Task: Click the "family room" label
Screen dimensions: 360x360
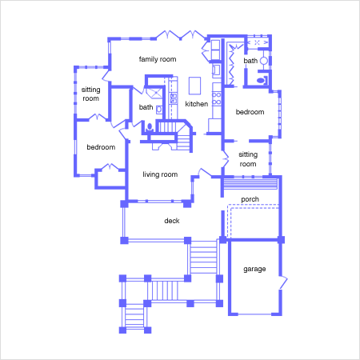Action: click(158, 59)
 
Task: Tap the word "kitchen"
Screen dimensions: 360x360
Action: click(197, 104)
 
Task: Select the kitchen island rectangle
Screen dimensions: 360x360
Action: click(194, 86)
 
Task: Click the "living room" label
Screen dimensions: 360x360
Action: click(160, 174)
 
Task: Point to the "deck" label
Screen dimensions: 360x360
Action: click(172, 221)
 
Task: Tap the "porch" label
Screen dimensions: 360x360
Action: click(250, 199)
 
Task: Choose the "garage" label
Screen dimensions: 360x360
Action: click(254, 269)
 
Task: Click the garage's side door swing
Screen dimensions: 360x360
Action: click(283, 282)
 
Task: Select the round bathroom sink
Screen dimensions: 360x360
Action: click(264, 61)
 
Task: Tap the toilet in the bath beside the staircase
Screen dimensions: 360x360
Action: click(150, 127)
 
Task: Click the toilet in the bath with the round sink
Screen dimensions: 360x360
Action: click(262, 80)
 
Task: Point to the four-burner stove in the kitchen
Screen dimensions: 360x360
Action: click(217, 98)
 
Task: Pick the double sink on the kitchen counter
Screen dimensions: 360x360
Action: click(174, 98)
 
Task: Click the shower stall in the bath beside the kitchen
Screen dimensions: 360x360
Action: click(154, 93)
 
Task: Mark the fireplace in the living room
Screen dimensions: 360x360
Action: click(161, 146)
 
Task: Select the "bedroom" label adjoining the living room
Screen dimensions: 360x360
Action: click(101, 147)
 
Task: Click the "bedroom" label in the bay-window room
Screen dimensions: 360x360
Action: click(250, 112)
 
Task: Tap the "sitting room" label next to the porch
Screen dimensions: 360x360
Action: click(248, 159)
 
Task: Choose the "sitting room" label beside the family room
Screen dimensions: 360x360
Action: click(90, 94)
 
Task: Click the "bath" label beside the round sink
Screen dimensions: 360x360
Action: click(250, 61)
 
